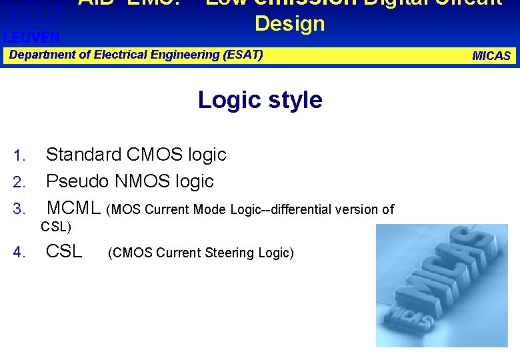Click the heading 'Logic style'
coord(260,100)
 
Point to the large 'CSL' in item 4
coord(63,252)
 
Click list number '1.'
coord(19,157)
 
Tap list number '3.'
coord(19,209)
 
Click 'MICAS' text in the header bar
coord(491,56)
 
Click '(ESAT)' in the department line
coord(244,55)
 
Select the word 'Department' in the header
coord(41,55)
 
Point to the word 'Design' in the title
coord(289,24)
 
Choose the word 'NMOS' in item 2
coord(141,181)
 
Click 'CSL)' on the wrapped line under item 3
coord(56,227)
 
